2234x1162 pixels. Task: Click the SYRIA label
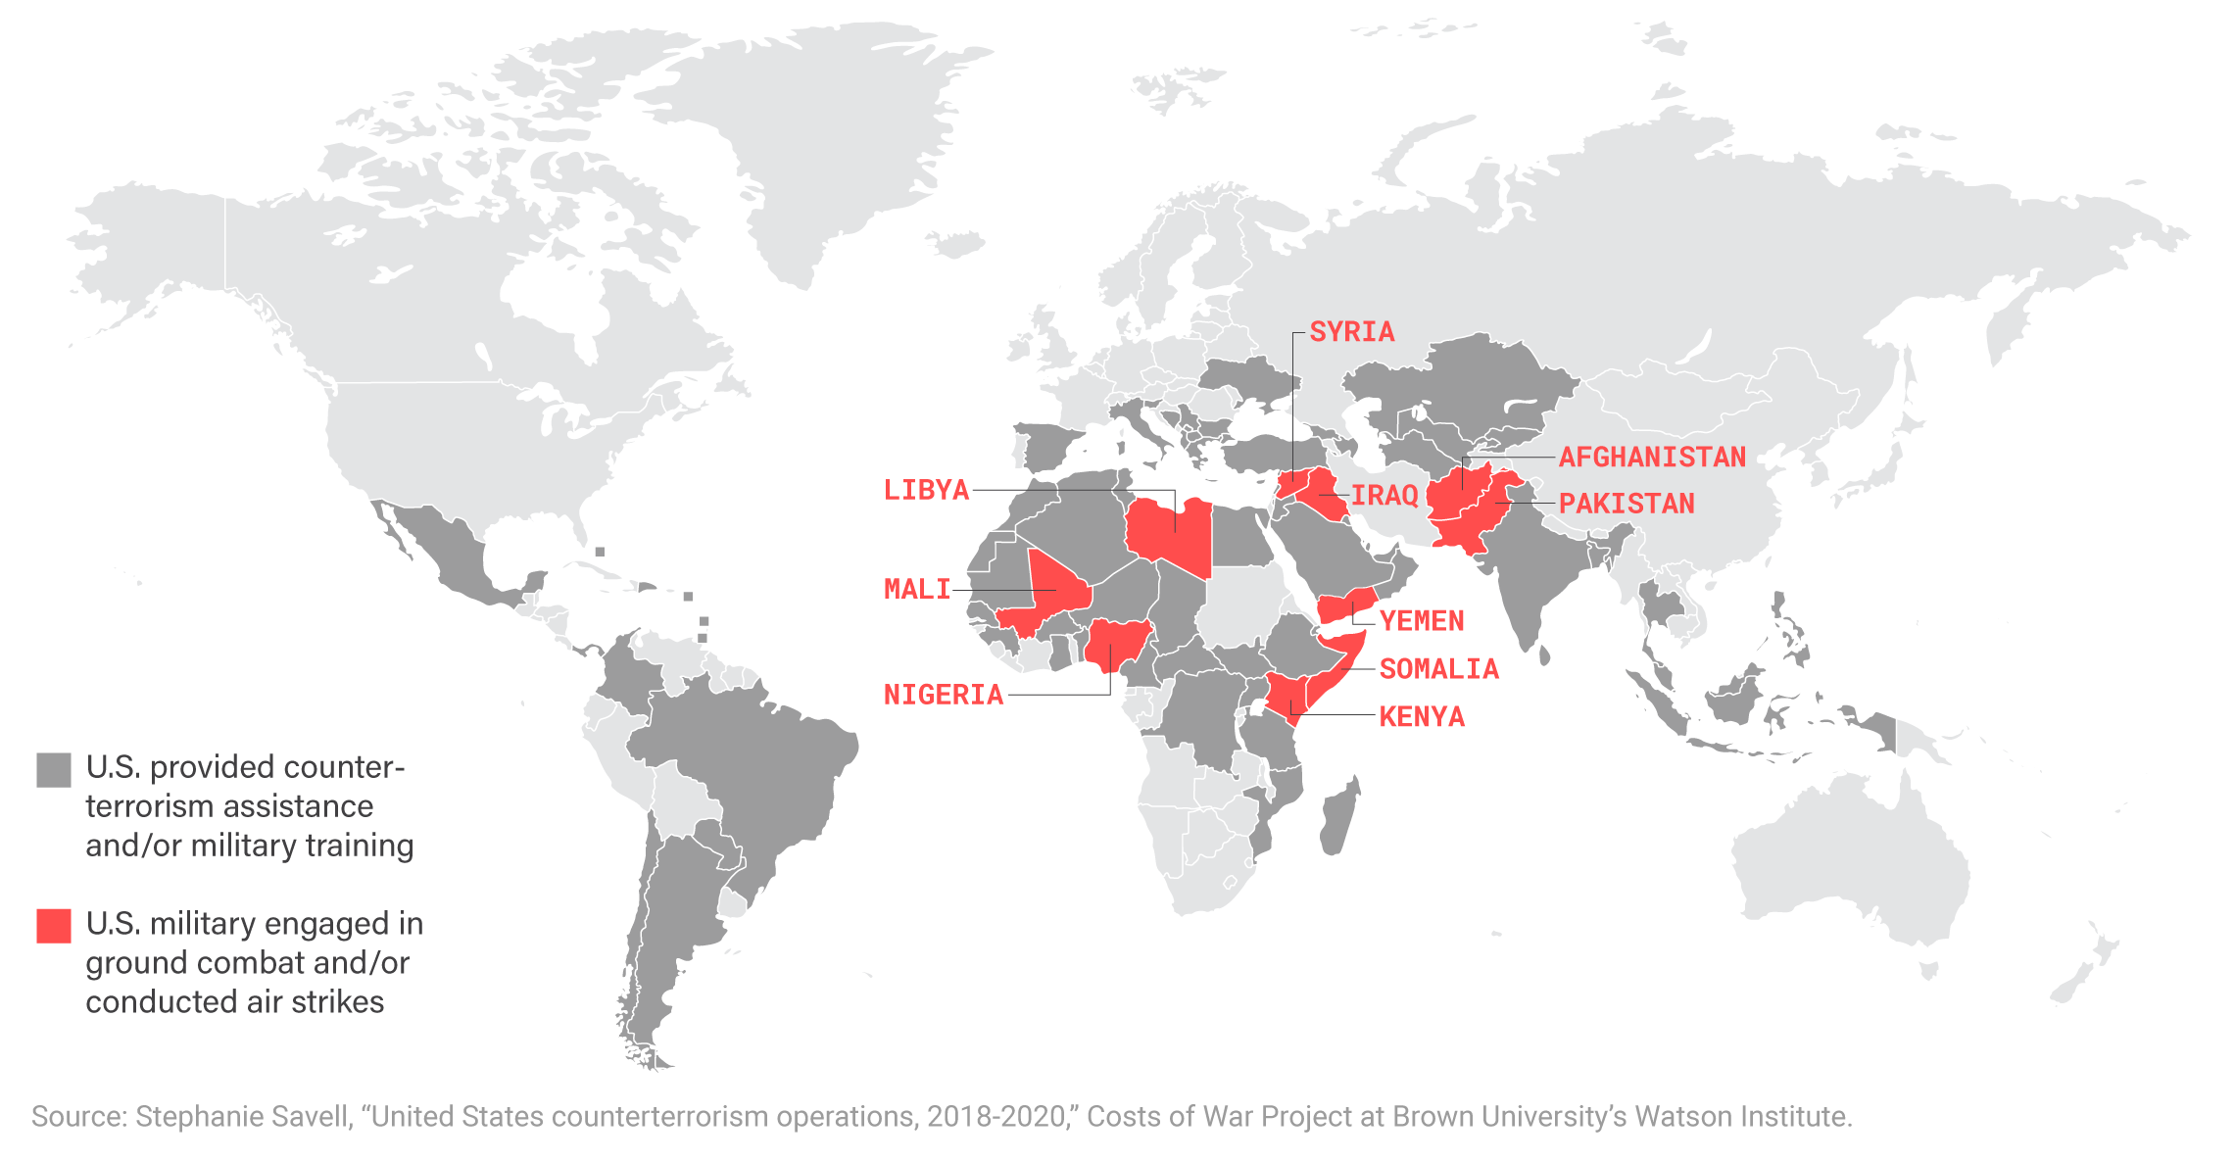1351,332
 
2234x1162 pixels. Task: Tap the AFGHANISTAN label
1652,457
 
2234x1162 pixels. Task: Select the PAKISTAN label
1627,504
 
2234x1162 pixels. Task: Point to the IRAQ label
1384,496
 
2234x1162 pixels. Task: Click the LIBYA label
926,490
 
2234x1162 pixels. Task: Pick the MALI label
917,589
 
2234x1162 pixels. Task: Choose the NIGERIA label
944,695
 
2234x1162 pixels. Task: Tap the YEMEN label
1422,620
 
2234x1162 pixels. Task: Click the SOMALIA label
1438,669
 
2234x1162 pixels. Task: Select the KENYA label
1422,717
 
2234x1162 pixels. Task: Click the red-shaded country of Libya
1166,534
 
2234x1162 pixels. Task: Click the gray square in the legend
54,770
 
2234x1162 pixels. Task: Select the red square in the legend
54,926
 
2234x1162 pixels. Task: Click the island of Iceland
955,241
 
